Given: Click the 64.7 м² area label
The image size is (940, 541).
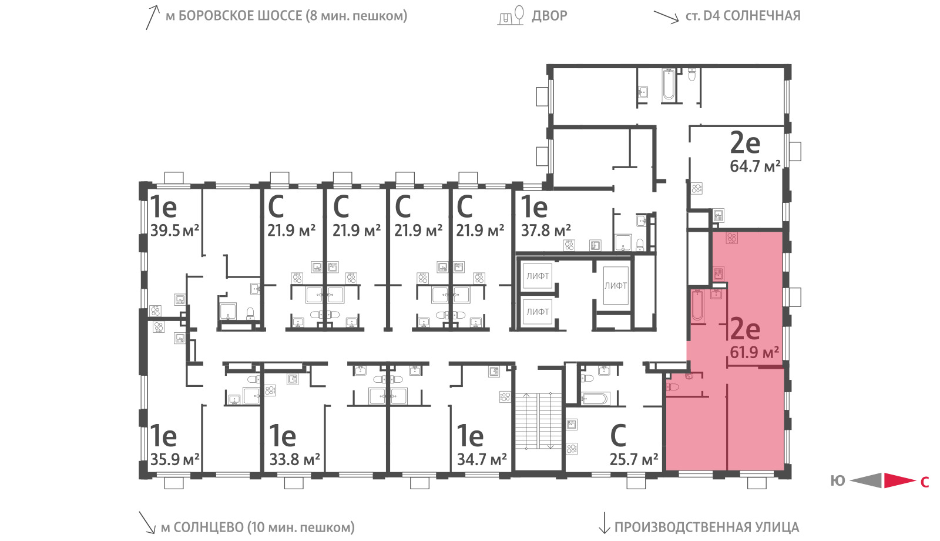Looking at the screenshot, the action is pos(755,166).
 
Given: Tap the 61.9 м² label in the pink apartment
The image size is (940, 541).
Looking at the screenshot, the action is pos(754,352).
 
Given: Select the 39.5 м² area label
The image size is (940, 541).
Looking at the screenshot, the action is pos(174,230).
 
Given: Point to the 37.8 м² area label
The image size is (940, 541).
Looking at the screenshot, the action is pos(546,230).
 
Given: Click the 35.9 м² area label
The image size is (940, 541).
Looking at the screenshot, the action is pos(174,459).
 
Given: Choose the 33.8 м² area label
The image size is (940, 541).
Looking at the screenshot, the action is pos(294,459).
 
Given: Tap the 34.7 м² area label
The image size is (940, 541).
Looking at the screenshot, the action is pos(482,459).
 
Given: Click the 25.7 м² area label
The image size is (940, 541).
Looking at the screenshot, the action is pos(634,459).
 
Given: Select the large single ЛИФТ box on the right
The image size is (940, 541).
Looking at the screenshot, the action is pos(616,286).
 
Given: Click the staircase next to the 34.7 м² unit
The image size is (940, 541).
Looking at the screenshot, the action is pos(538,421).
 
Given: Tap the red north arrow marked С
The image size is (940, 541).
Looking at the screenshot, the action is pos(899,480).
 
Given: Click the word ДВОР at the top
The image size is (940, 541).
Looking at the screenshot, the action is pos(549,15).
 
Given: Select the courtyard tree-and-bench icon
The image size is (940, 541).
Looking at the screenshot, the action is pos(511,15).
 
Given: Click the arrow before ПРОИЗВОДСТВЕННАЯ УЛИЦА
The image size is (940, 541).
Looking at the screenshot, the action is pos(604,523).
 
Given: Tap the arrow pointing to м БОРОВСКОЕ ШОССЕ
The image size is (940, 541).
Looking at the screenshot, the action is pos(153,18).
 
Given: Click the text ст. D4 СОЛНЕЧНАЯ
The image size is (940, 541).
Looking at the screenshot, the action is pos(743,15).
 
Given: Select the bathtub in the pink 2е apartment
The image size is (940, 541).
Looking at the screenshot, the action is pos(697,306).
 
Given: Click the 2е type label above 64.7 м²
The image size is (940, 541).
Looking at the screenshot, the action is pos(745,143).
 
